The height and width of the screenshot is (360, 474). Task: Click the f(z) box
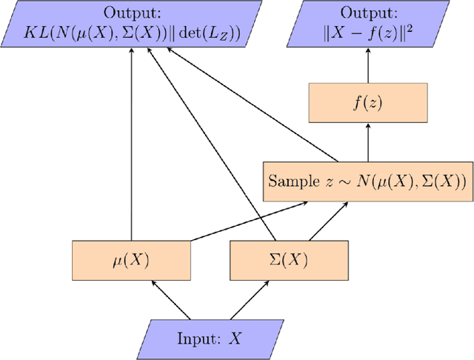coord(368,103)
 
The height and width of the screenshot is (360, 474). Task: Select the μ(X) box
coord(131,260)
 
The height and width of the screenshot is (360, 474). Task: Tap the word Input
coord(196,339)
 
